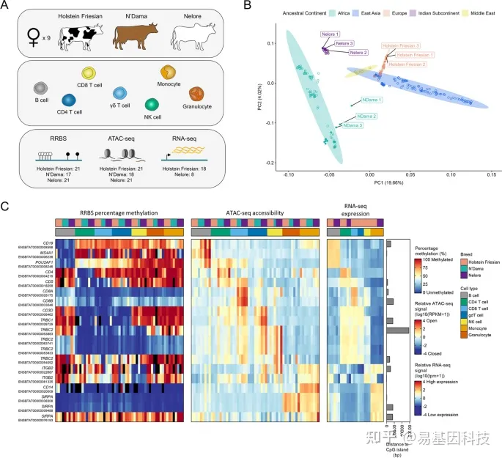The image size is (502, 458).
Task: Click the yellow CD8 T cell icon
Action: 90,75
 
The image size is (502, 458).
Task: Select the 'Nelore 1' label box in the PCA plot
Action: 331,34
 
